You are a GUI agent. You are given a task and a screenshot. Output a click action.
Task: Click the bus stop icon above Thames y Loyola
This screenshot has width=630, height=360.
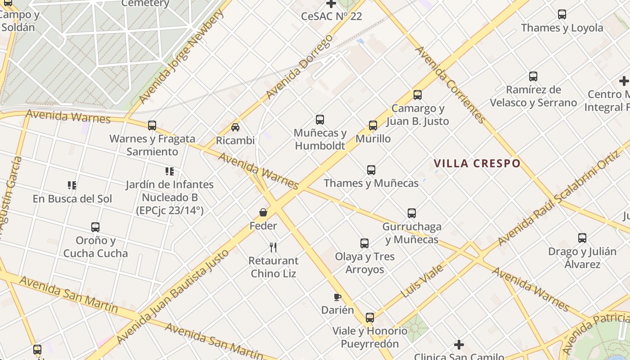click(x=562, y=14)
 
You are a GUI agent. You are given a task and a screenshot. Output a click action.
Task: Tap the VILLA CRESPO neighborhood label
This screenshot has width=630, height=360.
click(x=477, y=163)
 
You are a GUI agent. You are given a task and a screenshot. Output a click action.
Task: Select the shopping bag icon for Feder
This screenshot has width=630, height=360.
click(x=263, y=212)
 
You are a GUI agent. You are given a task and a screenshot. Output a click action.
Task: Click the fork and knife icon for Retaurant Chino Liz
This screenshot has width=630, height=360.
click(x=273, y=247)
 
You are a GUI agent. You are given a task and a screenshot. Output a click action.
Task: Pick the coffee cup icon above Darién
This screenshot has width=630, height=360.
click(x=337, y=297)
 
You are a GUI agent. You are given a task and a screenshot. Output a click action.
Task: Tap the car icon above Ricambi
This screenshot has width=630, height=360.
click(x=235, y=127)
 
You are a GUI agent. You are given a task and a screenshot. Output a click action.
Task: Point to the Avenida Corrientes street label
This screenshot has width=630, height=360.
click(x=450, y=85)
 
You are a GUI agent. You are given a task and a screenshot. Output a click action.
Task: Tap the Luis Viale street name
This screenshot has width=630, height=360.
click(x=422, y=281)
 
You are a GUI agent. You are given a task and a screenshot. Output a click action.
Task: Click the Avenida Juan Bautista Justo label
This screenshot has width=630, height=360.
click(x=173, y=297)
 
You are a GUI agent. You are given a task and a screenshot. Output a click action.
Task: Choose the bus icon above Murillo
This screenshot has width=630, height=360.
click(x=373, y=126)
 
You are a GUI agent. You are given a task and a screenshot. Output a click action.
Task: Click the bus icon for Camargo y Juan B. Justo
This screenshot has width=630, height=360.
click(x=418, y=95)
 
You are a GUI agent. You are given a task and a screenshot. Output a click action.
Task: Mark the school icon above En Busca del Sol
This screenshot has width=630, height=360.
click(x=72, y=185)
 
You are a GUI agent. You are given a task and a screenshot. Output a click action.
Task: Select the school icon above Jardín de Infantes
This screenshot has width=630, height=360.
click(x=170, y=171)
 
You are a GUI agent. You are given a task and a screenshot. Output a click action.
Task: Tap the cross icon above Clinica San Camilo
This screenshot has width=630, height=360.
click(x=459, y=345)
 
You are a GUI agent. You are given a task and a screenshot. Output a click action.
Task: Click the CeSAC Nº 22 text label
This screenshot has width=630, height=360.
click(x=332, y=17)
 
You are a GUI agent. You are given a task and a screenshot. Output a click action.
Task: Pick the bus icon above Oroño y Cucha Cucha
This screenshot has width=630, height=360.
click(x=95, y=227)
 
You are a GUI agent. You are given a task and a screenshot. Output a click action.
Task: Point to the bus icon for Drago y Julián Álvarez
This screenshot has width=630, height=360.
click(x=582, y=238)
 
